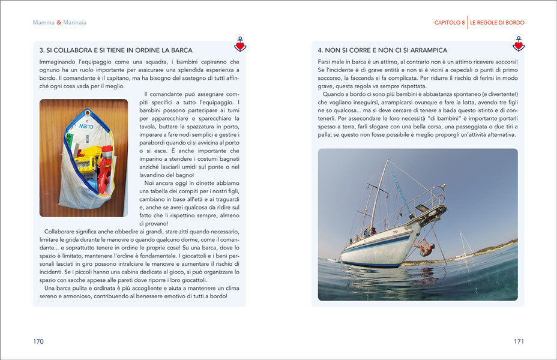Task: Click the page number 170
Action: [38, 341]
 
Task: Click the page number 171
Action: [519, 341]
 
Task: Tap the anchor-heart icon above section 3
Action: [240, 44]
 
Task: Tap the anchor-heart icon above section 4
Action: [519, 44]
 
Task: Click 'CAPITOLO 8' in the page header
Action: [450, 23]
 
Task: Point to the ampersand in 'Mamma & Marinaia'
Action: [59, 23]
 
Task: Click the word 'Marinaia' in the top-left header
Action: [74, 23]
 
